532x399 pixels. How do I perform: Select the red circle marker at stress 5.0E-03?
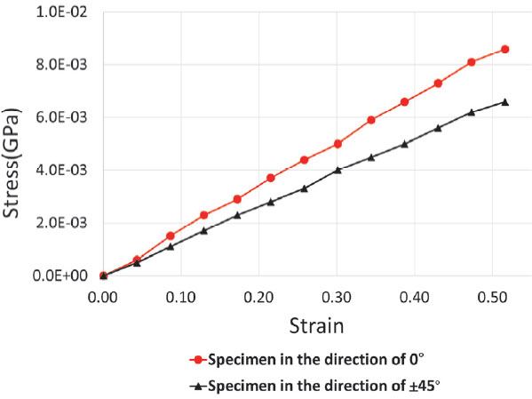tap(337, 144)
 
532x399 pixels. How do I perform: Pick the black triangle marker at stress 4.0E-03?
tap(337, 170)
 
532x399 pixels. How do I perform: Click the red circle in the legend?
tap(199, 360)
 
